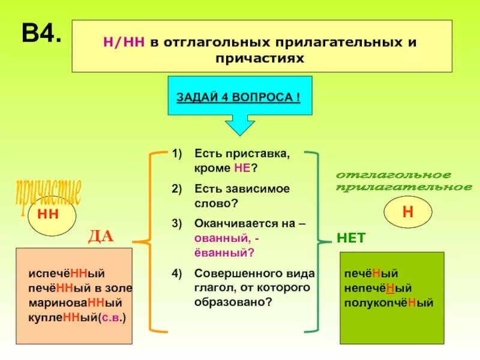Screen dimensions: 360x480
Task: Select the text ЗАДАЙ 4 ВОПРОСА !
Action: [x=239, y=97]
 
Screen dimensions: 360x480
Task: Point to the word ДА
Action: [x=101, y=236]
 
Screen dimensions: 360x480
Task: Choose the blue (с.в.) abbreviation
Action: [x=114, y=317]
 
